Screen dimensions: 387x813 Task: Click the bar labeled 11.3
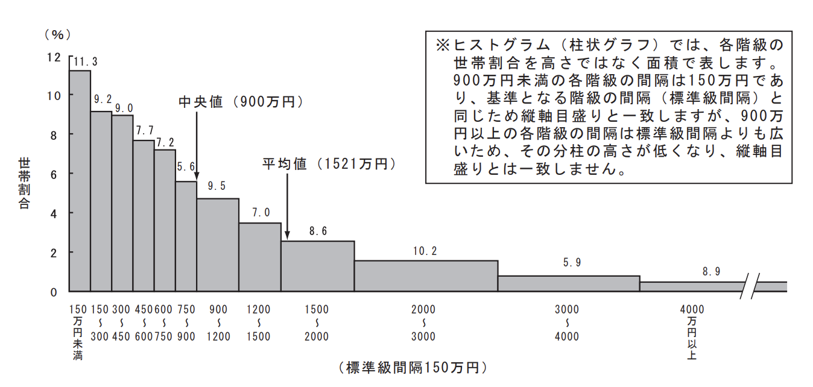(80, 181)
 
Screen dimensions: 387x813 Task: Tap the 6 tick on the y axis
(54, 174)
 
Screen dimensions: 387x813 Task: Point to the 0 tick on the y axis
(54, 292)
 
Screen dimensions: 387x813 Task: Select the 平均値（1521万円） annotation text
(329, 164)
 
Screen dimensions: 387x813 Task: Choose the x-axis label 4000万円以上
(691, 332)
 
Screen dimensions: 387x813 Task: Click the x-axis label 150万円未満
(78, 332)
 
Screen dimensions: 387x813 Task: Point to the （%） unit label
(57, 34)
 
